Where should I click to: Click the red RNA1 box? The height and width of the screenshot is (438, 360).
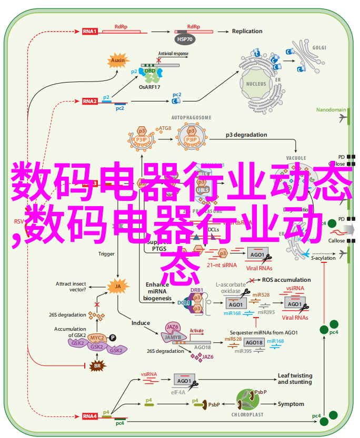click(x=89, y=32)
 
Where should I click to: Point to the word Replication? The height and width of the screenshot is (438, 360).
click(x=247, y=31)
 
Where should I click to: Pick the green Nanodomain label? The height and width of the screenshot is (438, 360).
click(x=331, y=110)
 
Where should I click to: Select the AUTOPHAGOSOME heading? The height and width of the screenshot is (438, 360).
click(x=191, y=117)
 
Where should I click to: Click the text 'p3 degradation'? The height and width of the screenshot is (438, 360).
click(x=246, y=135)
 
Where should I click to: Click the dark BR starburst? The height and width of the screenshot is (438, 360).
click(x=97, y=365)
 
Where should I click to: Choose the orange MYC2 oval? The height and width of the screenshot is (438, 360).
click(x=96, y=338)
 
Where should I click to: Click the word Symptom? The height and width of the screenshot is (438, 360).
click(x=291, y=404)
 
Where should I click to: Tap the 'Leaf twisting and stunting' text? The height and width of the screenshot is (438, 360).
click(x=295, y=379)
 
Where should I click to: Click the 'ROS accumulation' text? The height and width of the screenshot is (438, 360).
click(x=286, y=280)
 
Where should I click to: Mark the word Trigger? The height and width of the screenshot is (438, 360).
click(x=106, y=253)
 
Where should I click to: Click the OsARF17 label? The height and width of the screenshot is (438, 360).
click(x=149, y=86)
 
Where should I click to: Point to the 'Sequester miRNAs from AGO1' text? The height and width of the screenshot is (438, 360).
click(x=264, y=332)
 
